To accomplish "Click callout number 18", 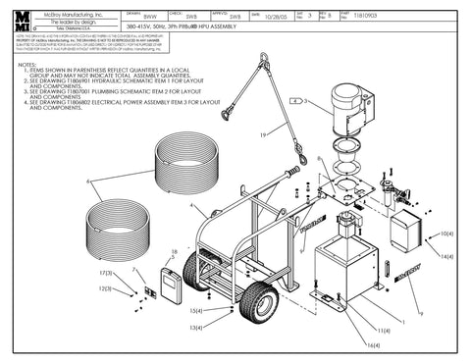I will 175,252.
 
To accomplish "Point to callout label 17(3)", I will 108,272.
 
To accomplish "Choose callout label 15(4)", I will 196,311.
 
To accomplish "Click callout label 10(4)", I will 446,234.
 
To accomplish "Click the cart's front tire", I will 265,303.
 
